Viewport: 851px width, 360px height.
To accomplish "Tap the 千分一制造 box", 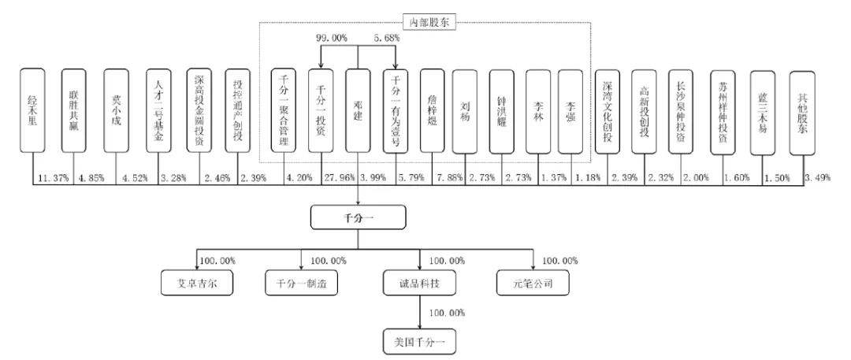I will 301,283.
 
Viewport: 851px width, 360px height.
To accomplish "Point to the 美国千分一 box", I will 416,343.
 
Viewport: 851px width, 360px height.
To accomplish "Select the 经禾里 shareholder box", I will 33,110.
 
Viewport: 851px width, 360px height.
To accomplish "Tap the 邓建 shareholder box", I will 358,110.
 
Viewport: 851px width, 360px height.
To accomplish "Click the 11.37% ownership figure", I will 52,180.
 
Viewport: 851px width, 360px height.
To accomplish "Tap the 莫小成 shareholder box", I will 116,110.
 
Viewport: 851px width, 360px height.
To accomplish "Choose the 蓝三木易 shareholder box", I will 762,110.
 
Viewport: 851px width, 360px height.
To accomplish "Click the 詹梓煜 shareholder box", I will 432,110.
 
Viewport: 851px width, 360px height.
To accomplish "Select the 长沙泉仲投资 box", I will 679,110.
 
